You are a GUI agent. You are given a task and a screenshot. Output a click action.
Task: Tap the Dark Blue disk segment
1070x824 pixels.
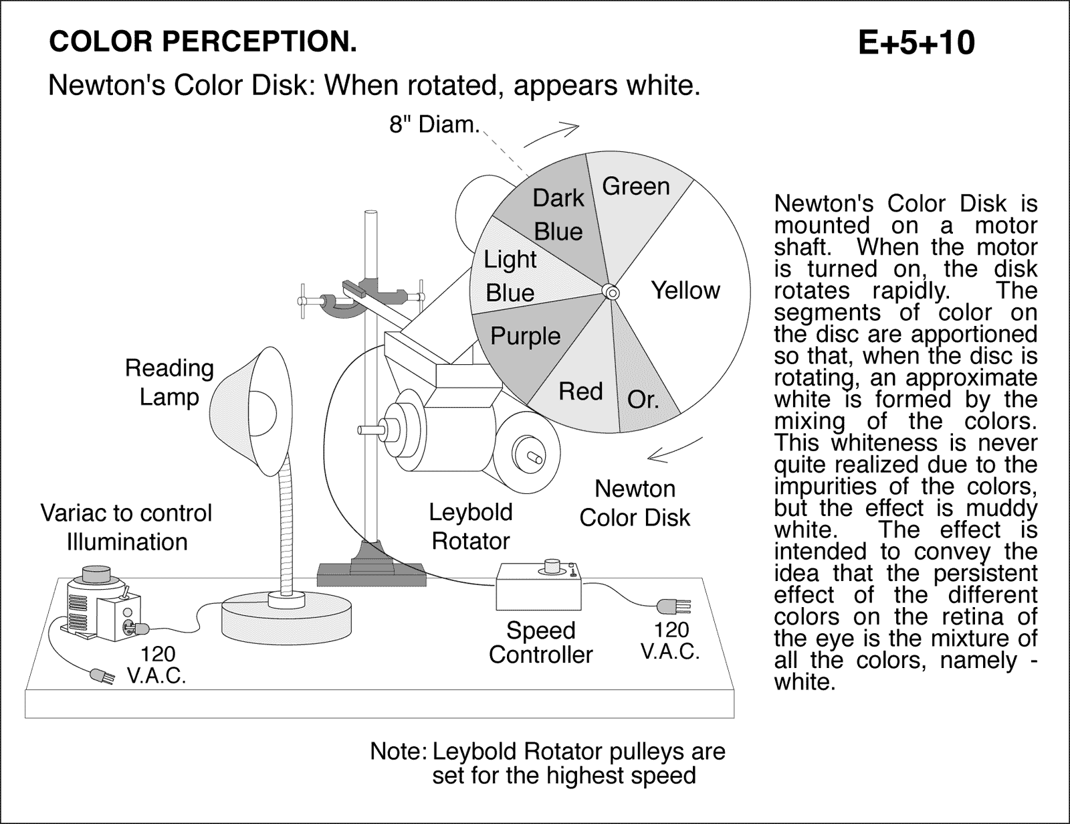(x=558, y=214)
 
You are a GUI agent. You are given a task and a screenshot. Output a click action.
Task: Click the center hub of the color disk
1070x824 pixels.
(x=610, y=293)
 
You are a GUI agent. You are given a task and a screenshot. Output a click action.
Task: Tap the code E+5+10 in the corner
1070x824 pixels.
(x=916, y=44)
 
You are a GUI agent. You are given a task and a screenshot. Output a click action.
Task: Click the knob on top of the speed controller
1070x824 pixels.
(x=552, y=566)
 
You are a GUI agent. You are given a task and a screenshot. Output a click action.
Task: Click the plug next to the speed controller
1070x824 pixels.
(x=671, y=606)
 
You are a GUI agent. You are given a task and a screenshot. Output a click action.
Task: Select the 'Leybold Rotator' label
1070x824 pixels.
(x=471, y=526)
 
